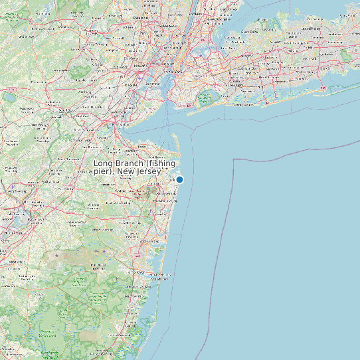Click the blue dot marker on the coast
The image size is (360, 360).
(x=179, y=179)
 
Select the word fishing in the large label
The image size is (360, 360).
(x=164, y=163)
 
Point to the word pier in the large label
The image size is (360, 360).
(x=104, y=172)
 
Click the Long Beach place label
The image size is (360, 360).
(x=243, y=104)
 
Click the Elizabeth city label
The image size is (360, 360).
(x=132, y=85)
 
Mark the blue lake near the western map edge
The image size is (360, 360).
(x=9, y=97)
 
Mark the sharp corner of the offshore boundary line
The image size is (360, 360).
(x=234, y=160)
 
